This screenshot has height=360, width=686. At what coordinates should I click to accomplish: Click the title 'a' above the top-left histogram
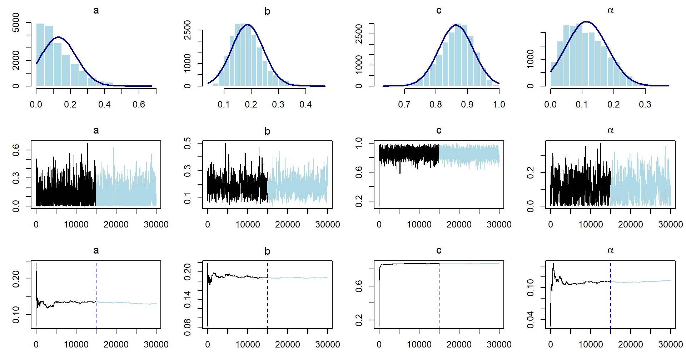click(x=96, y=11)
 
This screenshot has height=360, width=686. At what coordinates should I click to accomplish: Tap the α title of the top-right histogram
click(x=610, y=11)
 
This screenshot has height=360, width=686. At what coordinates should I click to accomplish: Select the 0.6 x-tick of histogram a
click(x=139, y=104)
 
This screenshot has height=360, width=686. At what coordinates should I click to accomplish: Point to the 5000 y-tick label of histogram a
click(x=16, y=22)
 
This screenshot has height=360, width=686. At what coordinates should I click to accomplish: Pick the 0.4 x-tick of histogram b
click(x=305, y=104)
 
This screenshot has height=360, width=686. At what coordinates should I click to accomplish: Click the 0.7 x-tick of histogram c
click(x=404, y=104)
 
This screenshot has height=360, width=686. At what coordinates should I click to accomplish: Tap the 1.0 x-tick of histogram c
click(x=499, y=104)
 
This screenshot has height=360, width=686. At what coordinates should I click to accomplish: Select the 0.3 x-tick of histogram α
click(x=645, y=104)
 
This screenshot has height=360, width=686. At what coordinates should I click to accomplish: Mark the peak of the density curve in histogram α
click(x=586, y=22)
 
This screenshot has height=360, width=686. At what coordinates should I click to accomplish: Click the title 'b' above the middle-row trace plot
click(x=267, y=131)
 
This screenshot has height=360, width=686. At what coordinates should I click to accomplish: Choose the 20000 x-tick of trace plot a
click(x=116, y=225)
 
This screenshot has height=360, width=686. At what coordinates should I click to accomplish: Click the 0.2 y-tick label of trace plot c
click(x=359, y=201)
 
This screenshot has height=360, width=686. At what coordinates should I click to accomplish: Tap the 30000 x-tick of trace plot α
click(x=670, y=225)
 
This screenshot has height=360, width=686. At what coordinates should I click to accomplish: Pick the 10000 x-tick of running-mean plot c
click(x=419, y=345)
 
